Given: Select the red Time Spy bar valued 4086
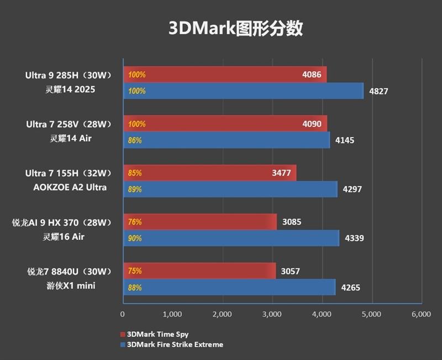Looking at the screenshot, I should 224,74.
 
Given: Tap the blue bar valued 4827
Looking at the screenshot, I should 243,91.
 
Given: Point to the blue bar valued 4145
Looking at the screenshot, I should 227,140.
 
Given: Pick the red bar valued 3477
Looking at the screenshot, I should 210,173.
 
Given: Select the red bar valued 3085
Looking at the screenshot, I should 199,222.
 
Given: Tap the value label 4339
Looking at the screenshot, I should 355,239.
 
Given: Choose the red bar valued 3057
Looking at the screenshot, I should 199,271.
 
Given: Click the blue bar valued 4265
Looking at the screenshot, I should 229,288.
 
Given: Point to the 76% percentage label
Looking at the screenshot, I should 135,222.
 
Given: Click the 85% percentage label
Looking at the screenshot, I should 135,173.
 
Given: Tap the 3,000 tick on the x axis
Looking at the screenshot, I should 271,314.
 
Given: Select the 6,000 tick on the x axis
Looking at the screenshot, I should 421,314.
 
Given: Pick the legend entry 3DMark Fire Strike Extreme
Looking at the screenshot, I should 175,345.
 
